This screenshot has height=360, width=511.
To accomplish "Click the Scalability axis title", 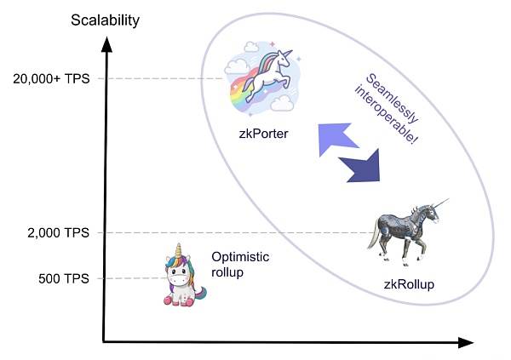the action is point(105,20).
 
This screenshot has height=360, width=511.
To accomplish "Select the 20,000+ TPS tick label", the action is point(51,79).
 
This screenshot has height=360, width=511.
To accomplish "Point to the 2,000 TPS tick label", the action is point(58,233).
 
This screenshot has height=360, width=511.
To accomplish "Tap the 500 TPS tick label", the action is point(64,279).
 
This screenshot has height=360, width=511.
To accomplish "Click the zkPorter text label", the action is point(263,134).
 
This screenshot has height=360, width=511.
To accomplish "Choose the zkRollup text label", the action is point(409,284).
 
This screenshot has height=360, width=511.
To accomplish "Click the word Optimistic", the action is point(240,257).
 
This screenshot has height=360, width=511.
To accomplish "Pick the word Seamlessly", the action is point(393,98).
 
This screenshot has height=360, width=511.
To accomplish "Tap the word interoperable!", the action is point(386,114).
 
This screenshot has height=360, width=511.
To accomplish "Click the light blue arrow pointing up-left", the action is point(336,139).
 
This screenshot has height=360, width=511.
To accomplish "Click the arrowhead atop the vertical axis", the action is point(106,44).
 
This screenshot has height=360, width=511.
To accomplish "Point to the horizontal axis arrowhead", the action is point(466,343).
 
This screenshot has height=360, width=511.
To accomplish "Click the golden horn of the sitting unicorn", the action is point(178,250).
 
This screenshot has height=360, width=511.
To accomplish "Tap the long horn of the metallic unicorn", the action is point(441,203).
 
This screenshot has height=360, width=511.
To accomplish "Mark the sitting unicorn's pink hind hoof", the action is point(169,300).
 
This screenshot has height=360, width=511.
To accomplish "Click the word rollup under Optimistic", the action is point(227,272).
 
